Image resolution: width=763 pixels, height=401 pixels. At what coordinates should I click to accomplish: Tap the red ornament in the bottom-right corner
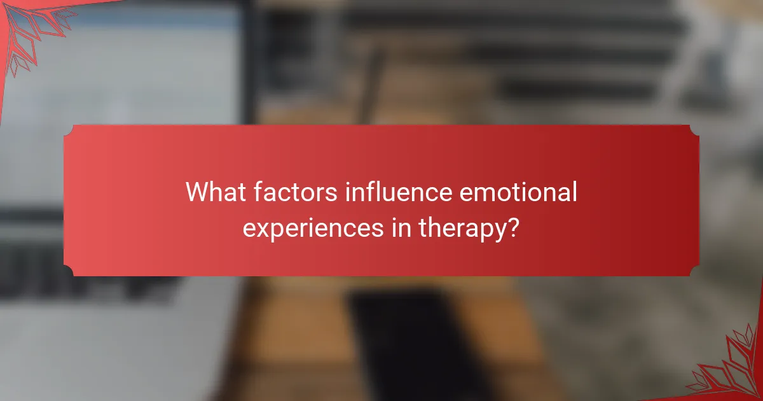coord(731,369)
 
